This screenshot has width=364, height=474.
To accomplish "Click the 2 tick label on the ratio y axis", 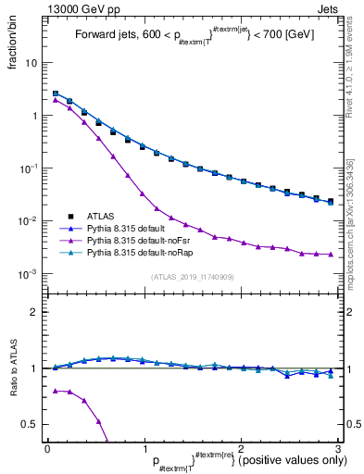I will pyautogui.click(x=34, y=312).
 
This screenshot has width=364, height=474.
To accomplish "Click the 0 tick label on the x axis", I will pyautogui.click(x=47, y=447).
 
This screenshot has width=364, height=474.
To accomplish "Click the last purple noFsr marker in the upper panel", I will pyautogui.click(x=331, y=254).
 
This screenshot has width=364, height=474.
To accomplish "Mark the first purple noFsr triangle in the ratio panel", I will pyautogui.click(x=56, y=391).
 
